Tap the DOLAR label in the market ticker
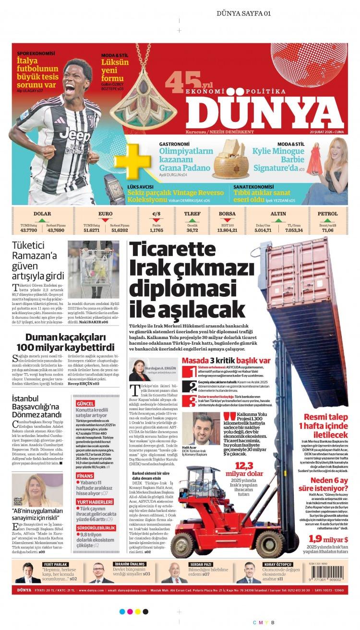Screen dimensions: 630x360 point(42,214)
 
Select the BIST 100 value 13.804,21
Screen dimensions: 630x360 point(227,230)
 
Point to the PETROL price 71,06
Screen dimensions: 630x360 point(328,230)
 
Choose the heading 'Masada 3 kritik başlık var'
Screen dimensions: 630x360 point(226,360)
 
